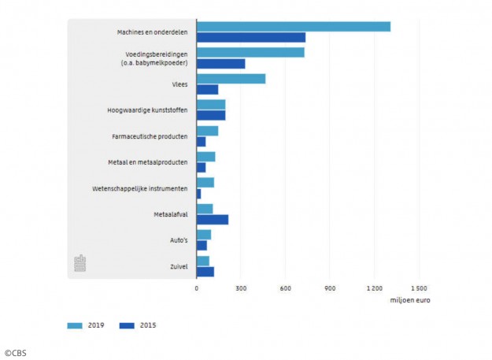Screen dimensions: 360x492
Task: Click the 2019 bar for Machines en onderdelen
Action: pyautogui.click(x=293, y=27)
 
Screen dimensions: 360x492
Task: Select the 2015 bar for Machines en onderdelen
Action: pyautogui.click(x=250, y=37)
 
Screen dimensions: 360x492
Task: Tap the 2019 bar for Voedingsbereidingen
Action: pyautogui.click(x=250, y=53)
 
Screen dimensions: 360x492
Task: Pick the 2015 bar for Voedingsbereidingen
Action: pyautogui.click(x=220, y=63)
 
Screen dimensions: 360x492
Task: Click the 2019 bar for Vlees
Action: pyautogui.click(x=231, y=79)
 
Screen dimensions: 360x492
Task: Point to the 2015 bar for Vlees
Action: pyautogui.click(x=207, y=89)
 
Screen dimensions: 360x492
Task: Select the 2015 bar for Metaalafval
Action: pyautogui.click(x=213, y=219)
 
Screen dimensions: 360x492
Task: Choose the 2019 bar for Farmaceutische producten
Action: pyautogui.click(x=207, y=131)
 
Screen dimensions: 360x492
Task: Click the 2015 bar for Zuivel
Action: pyautogui.click(x=205, y=272)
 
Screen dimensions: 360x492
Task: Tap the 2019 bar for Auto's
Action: pyautogui.click(x=204, y=235)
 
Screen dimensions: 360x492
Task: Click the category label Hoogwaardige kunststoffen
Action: pyautogui.click(x=147, y=110)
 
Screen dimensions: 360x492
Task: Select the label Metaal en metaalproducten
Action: pyautogui.click(x=147, y=162)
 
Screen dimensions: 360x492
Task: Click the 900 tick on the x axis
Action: pyautogui.click(x=330, y=288)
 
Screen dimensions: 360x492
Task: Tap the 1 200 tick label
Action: pyautogui.click(x=374, y=288)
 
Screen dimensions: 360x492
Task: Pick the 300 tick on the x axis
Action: pyautogui.click(x=241, y=288)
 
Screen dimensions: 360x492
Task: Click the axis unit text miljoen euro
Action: pyautogui.click(x=409, y=300)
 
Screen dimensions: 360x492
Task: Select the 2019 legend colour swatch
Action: pyautogui.click(x=75, y=325)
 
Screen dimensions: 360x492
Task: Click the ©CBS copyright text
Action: pyautogui.click(x=15, y=353)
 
